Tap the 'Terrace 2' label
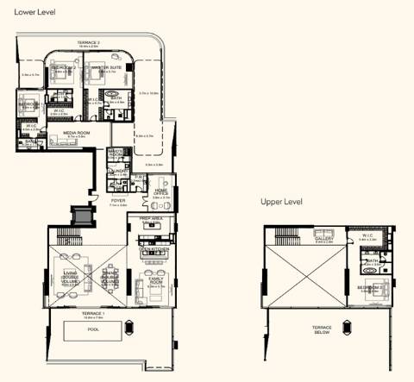pyautogui.click(x=87, y=41)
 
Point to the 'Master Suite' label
pyautogui.click(x=104, y=66)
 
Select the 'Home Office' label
pyautogui.click(x=160, y=193)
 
